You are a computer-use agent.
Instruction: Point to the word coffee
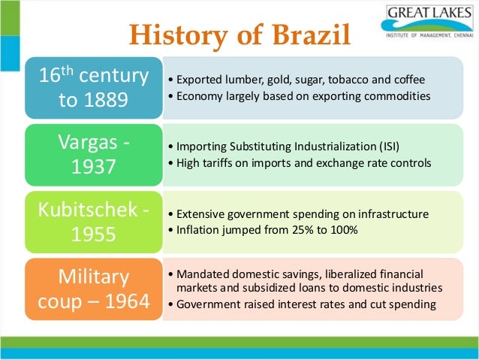click(408, 80)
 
